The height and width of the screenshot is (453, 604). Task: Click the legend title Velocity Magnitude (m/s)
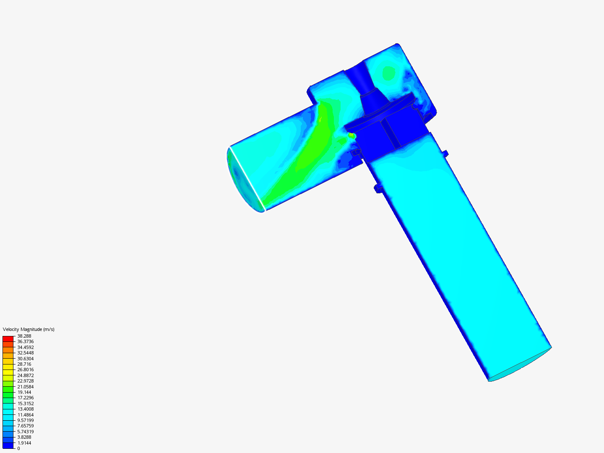click(x=29, y=329)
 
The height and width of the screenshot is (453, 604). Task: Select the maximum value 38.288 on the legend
click(x=24, y=336)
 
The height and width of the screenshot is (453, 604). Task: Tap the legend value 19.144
click(x=24, y=392)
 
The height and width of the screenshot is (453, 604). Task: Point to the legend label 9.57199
click(x=26, y=420)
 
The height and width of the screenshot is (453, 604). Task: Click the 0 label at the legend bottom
click(x=18, y=448)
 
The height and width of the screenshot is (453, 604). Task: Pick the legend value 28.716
click(x=24, y=364)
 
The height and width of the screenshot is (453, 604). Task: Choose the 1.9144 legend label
click(x=24, y=443)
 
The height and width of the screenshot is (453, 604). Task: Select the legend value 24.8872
click(x=26, y=375)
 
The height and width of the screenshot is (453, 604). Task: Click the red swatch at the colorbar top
click(x=8, y=338)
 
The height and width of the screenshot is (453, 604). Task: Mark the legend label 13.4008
click(x=26, y=409)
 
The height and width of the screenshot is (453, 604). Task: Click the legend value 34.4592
click(x=26, y=347)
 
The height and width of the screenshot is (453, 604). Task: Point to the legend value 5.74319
click(x=26, y=432)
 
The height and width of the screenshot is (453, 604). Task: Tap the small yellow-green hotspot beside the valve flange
click(x=351, y=135)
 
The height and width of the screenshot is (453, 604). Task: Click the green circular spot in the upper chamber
click(x=389, y=73)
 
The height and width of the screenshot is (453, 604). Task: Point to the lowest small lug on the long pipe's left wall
click(x=378, y=189)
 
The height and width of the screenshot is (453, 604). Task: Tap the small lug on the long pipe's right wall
click(x=445, y=154)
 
